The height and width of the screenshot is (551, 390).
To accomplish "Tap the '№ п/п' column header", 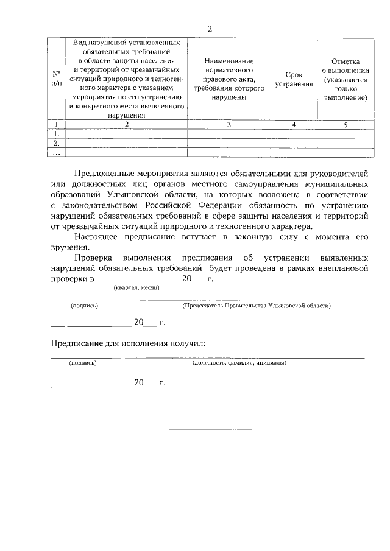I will click(x=57, y=79).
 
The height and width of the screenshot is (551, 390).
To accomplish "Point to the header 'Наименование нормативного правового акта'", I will click(x=229, y=79).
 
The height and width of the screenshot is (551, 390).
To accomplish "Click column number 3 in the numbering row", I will click(x=229, y=125).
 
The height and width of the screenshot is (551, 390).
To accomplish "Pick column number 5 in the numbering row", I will click(x=346, y=125).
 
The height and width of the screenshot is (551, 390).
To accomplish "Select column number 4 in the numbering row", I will click(x=294, y=125).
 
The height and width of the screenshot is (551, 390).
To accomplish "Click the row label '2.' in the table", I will click(x=57, y=143).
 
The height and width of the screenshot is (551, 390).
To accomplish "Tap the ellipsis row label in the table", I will click(x=57, y=152).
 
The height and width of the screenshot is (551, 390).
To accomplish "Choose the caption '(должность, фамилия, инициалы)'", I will click(x=239, y=363).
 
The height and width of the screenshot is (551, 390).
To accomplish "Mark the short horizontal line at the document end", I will click(x=210, y=429).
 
